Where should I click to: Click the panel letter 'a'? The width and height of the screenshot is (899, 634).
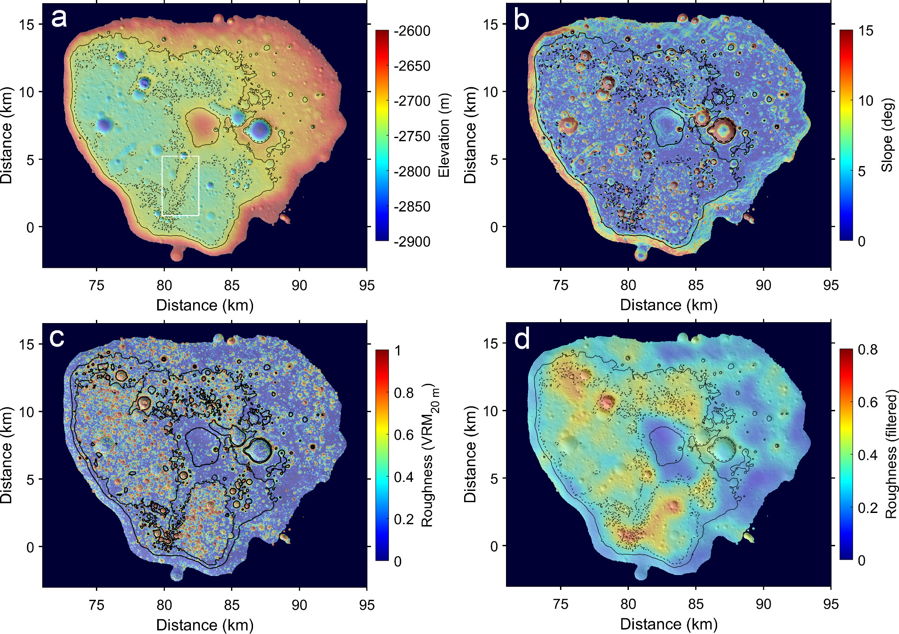pos(59,19)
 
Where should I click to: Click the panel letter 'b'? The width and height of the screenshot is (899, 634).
pos(522,21)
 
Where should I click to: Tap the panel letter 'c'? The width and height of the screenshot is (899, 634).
pos(57,337)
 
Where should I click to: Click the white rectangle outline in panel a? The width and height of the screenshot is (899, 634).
pos(180,157)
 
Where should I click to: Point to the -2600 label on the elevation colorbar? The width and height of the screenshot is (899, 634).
pos(411,31)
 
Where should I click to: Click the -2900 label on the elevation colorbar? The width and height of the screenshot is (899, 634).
pos(411,242)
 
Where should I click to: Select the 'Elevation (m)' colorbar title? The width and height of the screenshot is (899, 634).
pos(444,135)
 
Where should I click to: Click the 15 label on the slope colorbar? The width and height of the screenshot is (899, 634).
pos(866,31)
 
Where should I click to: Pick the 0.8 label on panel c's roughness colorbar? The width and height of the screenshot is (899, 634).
pos(404,393)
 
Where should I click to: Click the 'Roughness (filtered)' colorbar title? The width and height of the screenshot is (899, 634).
pos(892,454)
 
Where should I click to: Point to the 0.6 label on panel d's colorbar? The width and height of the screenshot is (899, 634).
pos(867,402)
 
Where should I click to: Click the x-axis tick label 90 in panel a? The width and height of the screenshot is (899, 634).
pos(299,285)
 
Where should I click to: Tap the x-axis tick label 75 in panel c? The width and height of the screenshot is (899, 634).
pos(97,605)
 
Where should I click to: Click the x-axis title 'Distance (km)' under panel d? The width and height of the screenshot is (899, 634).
pos(669,624)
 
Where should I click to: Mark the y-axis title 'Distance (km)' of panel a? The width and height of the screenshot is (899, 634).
pos(6,135)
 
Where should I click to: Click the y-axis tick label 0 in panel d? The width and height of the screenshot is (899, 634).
pos(494,546)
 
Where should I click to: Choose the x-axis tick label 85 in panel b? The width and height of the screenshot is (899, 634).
pos(696,285)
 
